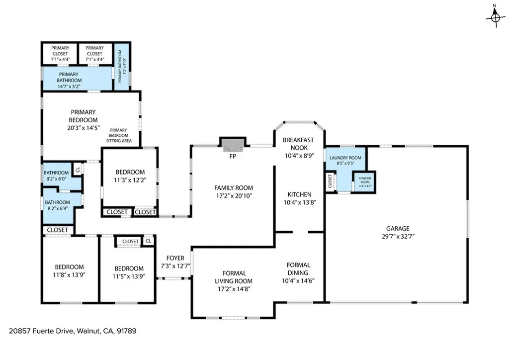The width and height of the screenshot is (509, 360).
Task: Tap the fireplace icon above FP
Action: click(233, 145)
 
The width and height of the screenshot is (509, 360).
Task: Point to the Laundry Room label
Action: click(345, 158)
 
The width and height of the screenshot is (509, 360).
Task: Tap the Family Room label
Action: click(233, 188)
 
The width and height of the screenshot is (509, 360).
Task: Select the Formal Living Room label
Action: click(233, 276)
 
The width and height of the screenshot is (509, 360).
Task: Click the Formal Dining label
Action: click(298, 269)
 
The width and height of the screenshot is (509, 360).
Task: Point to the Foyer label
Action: click(175, 258)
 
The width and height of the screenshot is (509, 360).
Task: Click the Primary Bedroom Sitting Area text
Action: click(119, 136)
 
